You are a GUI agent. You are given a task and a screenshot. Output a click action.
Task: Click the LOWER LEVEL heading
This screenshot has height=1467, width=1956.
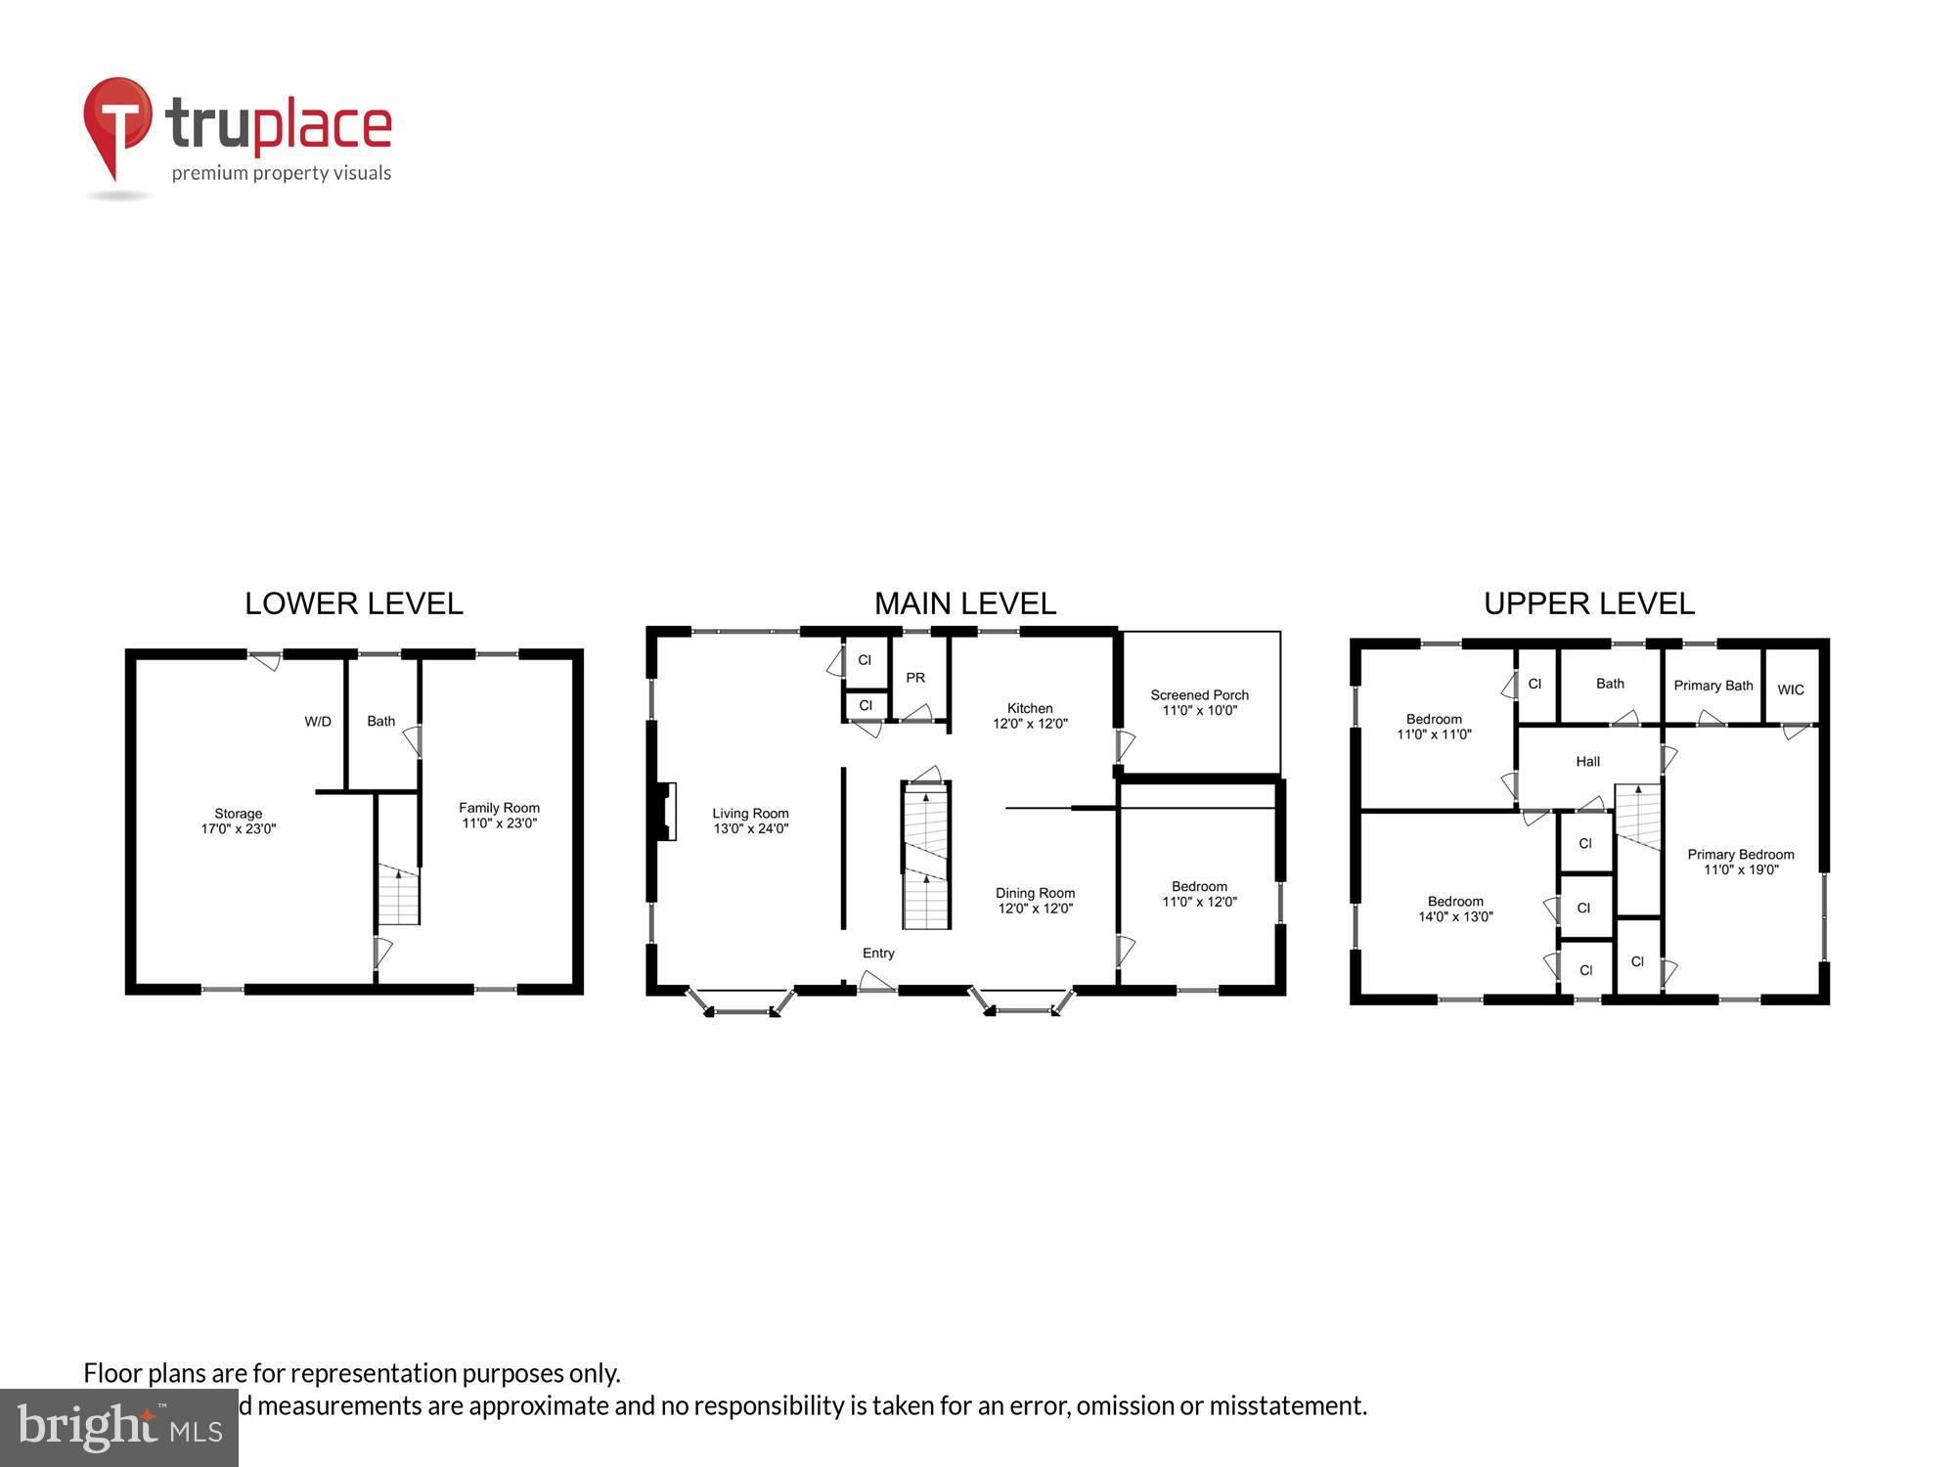pos(353,603)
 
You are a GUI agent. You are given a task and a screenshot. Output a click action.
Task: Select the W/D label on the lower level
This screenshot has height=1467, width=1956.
pos(318,722)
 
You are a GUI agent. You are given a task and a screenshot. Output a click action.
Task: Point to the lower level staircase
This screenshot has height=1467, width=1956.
pos(399,895)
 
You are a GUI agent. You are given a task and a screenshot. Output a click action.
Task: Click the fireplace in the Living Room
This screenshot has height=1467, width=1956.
pos(667,811)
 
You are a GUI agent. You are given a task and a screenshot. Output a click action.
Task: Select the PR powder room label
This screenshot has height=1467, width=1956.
pos(915,678)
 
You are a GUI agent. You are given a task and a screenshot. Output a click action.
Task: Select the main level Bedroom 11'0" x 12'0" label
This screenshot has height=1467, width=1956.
pos(1199,894)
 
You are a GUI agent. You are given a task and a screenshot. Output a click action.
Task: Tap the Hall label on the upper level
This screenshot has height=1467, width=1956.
pos(1587,761)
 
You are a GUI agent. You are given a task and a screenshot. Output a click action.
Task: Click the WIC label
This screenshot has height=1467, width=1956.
pos(1791,689)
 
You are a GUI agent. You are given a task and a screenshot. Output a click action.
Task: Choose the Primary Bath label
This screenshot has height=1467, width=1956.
pos(1712,686)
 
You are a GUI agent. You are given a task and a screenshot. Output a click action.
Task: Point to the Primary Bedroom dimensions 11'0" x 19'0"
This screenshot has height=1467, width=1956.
pos(1741,869)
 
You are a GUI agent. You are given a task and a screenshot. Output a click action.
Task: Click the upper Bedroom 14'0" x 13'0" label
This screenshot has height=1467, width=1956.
pos(1455,909)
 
